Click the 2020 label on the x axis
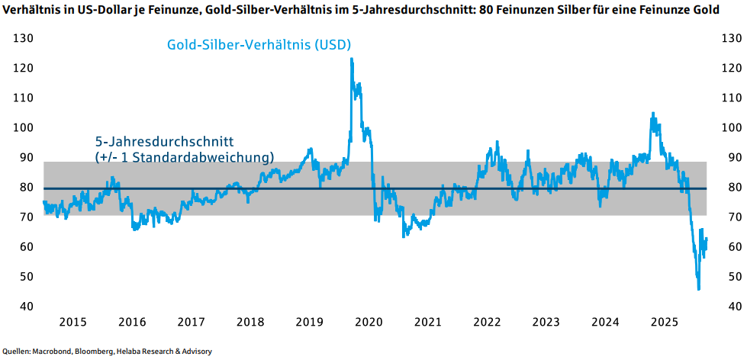(369, 323)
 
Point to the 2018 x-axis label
(251, 323)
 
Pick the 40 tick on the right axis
(727, 307)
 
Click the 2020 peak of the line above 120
(351, 59)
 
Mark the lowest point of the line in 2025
(698, 289)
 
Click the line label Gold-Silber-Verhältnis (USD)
(259, 45)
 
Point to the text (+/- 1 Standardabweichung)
(184, 157)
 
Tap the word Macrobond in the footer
(52, 352)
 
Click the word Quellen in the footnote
(16, 352)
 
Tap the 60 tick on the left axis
(27, 247)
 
